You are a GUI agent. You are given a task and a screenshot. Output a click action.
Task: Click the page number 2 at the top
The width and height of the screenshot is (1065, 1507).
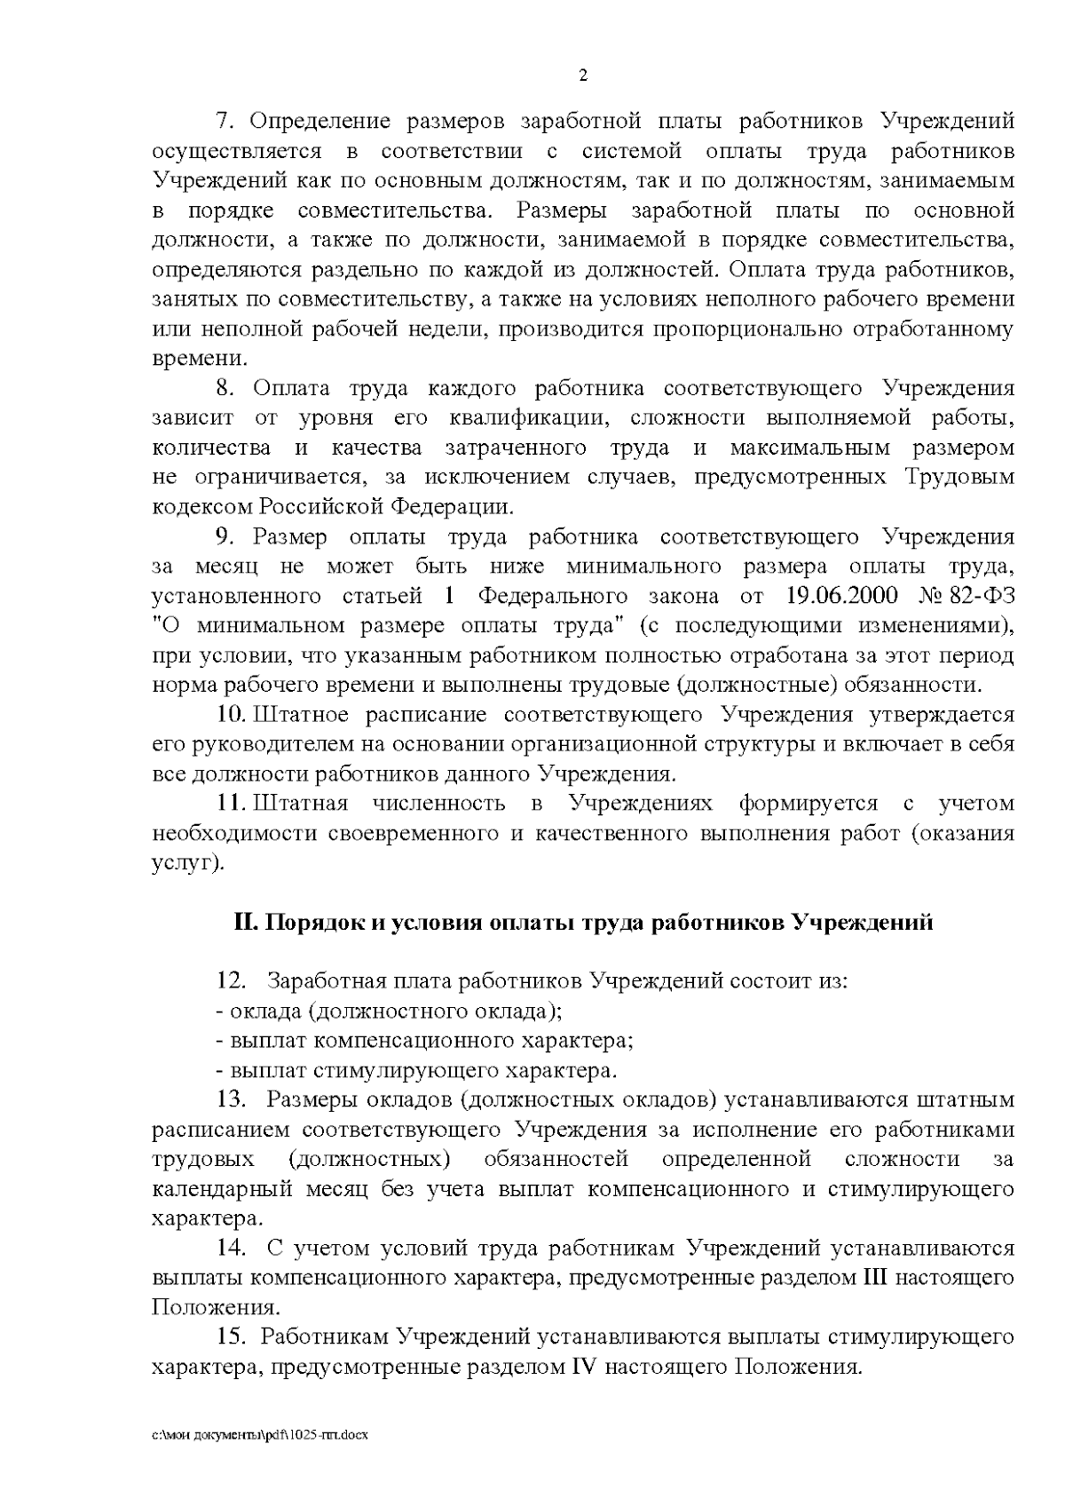[x=583, y=75]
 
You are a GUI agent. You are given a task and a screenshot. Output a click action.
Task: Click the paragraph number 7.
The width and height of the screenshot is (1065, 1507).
[x=225, y=121]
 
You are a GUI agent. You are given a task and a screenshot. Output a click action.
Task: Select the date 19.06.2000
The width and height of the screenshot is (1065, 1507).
[x=842, y=595]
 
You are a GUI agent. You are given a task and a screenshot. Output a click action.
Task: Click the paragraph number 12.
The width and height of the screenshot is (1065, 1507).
[x=231, y=981]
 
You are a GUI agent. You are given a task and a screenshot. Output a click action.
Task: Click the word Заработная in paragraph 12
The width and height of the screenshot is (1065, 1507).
[x=326, y=981]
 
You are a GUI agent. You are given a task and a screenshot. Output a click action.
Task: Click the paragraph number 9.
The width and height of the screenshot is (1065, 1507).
[x=225, y=536]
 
